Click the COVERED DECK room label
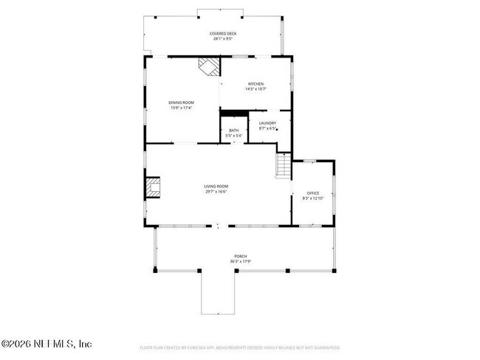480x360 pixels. point(222,33)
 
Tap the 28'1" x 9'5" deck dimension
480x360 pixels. point(222,38)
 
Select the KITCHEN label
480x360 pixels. point(256,84)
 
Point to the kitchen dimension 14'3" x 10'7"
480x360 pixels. point(256,89)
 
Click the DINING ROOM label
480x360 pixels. point(181,103)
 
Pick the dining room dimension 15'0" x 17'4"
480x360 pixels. point(181,108)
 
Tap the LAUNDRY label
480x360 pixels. point(267,123)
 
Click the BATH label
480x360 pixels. point(233,131)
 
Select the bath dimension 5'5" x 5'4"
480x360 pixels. point(233,136)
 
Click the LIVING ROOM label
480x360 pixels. point(216,186)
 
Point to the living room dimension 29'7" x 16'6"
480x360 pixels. point(216,191)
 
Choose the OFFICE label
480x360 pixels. point(313,193)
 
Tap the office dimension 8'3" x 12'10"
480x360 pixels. point(313,198)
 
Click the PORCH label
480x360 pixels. point(241,256)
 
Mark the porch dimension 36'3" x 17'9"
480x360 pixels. point(241,261)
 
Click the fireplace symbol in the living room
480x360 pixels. point(153,188)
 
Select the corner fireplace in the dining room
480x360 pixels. point(209,66)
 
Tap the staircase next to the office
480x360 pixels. point(284,165)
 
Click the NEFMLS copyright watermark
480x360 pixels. point(46,344)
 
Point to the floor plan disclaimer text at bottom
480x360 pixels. point(239,347)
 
